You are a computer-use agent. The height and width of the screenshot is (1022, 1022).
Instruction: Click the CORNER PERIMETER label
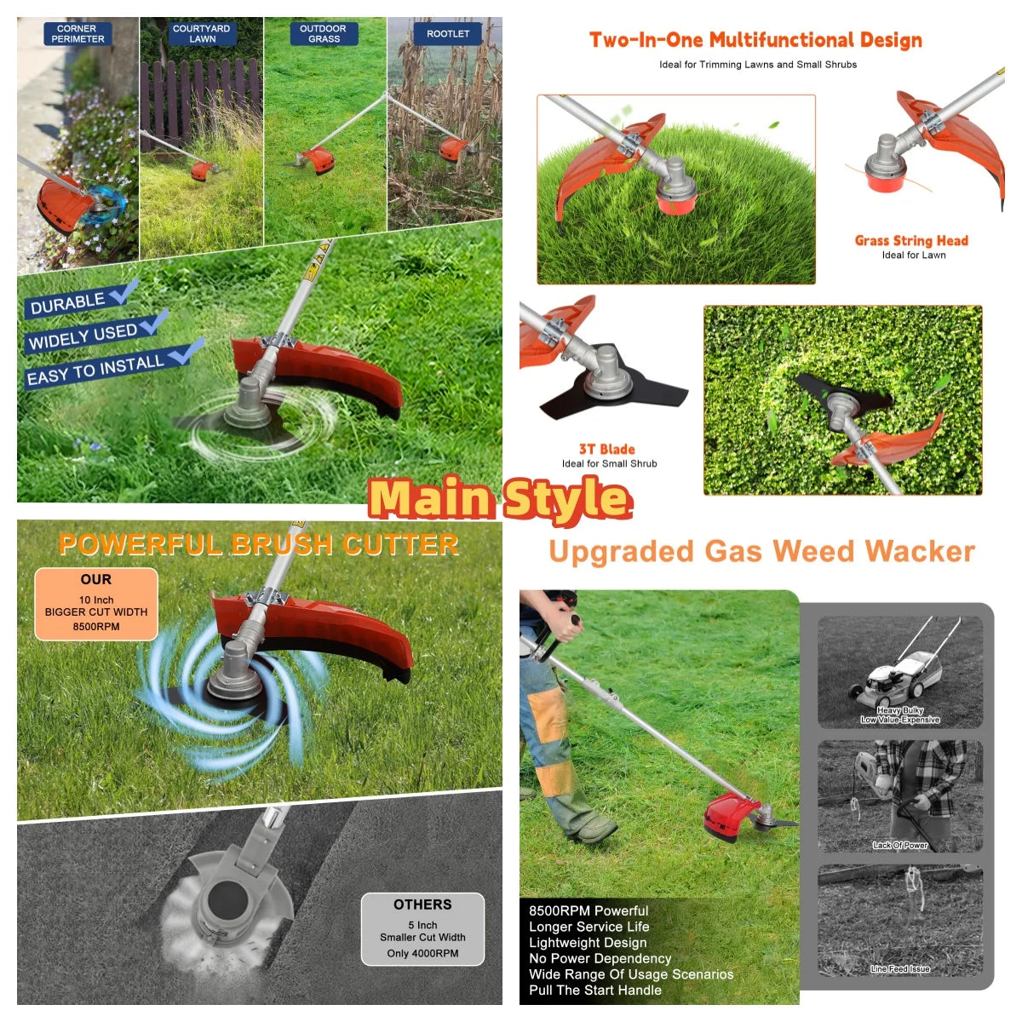[x=78, y=34]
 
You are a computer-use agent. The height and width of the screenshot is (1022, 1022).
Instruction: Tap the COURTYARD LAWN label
[x=202, y=34]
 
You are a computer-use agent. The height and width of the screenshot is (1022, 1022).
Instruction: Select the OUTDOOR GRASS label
[x=324, y=34]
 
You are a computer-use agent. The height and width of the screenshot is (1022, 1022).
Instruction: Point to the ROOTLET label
[x=448, y=34]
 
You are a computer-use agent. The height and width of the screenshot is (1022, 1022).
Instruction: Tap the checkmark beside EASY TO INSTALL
[x=187, y=351]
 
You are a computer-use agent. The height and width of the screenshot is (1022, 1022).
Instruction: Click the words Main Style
[x=500, y=497]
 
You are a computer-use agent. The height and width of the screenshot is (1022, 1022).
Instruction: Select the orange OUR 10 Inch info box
[x=96, y=604]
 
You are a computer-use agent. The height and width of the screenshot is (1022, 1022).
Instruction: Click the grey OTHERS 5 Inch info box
[x=422, y=928]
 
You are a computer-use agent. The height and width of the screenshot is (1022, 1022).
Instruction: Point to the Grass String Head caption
[x=911, y=241]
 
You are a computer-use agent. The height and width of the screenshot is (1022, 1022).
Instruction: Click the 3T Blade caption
[x=606, y=449]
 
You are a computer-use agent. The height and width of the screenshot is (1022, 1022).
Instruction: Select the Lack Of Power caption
[x=900, y=846]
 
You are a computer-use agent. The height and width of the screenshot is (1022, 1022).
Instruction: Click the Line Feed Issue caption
[x=900, y=969]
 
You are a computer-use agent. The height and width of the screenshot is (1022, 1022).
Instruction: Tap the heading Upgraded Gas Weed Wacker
[x=762, y=552]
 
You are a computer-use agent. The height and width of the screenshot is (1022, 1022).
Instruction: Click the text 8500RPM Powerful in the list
[x=589, y=910]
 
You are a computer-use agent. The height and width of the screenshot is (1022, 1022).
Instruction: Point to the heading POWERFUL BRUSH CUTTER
[x=259, y=545]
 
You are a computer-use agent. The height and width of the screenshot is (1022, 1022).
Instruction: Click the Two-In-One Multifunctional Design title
[x=755, y=40]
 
